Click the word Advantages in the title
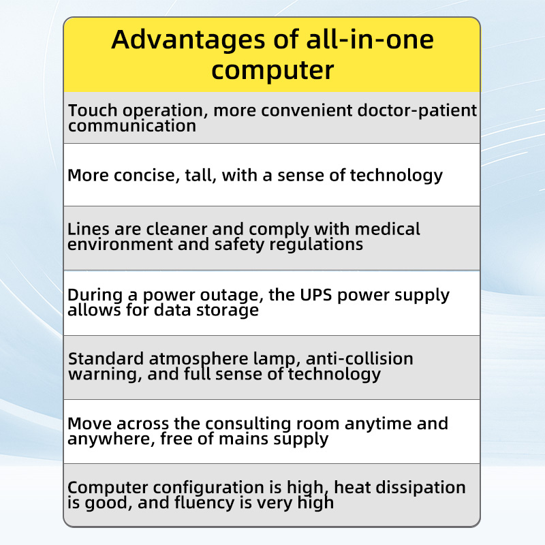[x=188, y=41]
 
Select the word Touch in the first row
[x=93, y=110]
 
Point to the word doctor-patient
[x=417, y=111]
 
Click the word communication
[x=132, y=126]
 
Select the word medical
[x=388, y=229]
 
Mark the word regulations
[x=316, y=245]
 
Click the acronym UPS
[x=315, y=295]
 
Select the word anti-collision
[x=360, y=359]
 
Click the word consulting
[x=272, y=424]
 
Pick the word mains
[x=243, y=439]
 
